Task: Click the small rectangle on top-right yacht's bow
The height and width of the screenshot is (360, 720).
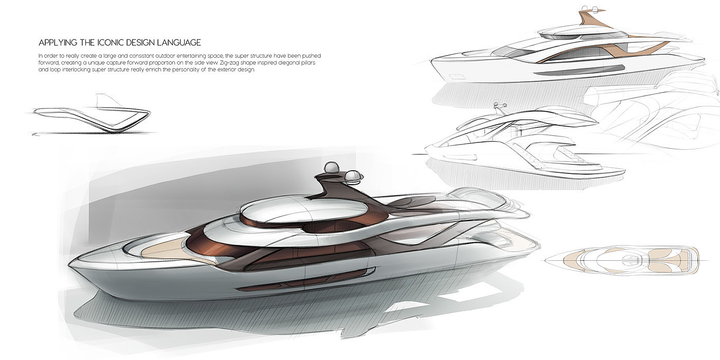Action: tap(455, 77)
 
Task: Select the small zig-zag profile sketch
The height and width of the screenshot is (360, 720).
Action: tap(93, 116)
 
